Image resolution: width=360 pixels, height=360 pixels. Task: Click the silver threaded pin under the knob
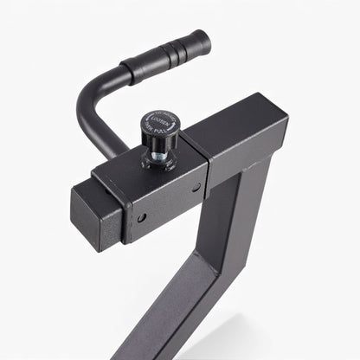(159, 156)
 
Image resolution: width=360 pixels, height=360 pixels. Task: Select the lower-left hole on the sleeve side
(141, 217)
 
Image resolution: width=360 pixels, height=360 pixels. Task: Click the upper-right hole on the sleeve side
(196, 186)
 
